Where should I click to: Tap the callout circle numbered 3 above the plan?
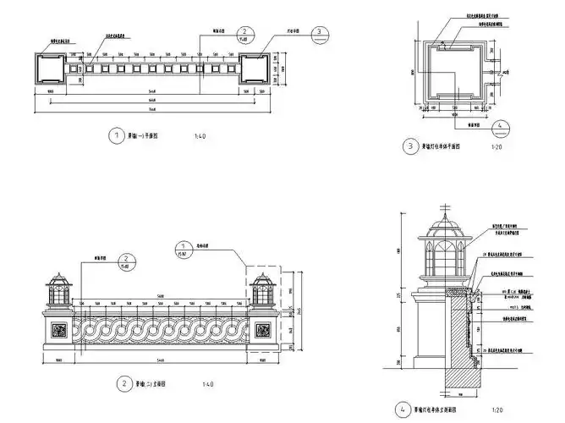coord(320,33)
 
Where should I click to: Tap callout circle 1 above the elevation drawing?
coord(182,249)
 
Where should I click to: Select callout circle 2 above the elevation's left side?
coord(125,260)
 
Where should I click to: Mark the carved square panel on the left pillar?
coord(60,330)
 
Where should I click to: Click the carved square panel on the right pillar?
coord(261,330)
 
